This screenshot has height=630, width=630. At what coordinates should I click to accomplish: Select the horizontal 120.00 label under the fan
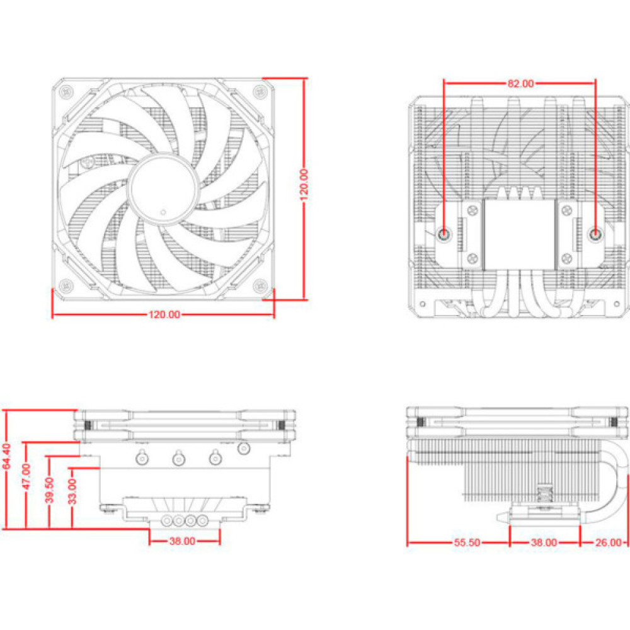[164, 314]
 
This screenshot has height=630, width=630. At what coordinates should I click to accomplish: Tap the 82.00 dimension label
[520, 83]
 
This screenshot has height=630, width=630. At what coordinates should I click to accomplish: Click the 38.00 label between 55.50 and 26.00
[543, 542]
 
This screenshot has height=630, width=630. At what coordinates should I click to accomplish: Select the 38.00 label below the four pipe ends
[183, 541]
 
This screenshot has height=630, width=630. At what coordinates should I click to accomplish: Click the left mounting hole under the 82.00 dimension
[445, 234]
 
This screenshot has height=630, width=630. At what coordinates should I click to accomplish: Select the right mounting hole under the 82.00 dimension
[595, 234]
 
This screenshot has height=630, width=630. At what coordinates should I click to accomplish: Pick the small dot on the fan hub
[163, 211]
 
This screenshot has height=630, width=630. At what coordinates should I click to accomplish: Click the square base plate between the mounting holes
[520, 234]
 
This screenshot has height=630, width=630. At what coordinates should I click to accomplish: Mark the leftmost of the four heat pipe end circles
[168, 522]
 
